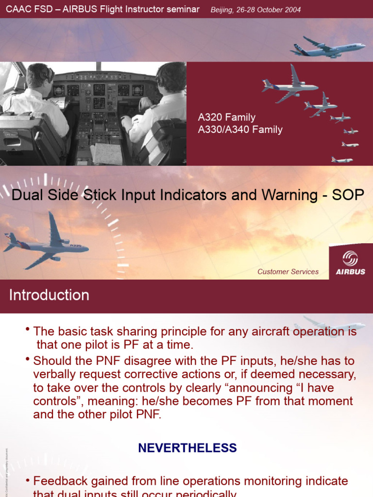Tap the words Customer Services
pos(288,272)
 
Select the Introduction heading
pos(49,295)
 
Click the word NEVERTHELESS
pos(187,447)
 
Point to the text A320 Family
pos(227,117)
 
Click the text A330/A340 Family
pos(240,130)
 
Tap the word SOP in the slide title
pos(348,195)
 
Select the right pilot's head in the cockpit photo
pos(171,79)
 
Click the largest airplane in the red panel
pos(290,86)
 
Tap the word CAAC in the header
pos(18,10)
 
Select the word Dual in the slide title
pos(25,195)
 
